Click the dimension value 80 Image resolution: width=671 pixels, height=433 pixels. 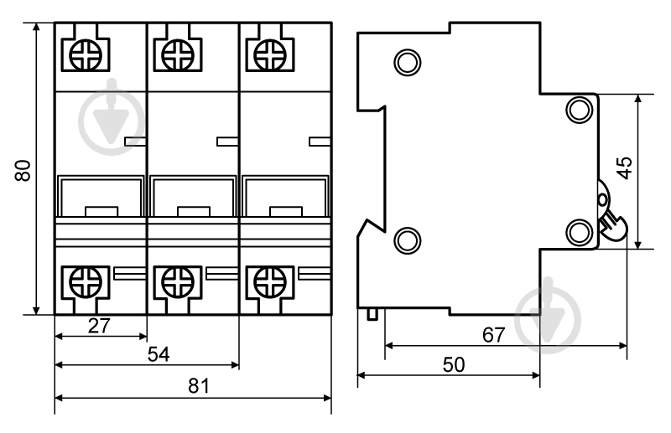(23, 170)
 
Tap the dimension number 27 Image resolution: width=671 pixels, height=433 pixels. (99, 326)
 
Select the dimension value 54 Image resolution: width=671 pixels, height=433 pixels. (159, 354)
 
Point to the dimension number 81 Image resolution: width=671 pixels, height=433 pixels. (199, 385)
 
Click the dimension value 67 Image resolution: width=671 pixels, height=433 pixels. (494, 335)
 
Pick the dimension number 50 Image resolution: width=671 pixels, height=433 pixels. (454, 364)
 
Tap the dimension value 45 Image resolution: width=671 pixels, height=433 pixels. (625, 168)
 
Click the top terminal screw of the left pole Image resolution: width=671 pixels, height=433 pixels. (86, 54)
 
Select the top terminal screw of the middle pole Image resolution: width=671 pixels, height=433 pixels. (178, 54)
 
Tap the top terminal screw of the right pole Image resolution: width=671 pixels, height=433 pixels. (270, 54)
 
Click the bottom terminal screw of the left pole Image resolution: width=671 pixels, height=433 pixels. (86, 282)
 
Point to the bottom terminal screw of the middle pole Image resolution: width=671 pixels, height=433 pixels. (178, 282)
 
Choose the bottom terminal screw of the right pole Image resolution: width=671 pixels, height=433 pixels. (270, 282)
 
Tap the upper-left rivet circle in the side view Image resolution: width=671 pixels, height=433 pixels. (408, 63)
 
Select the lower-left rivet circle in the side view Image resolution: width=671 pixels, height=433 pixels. (408, 240)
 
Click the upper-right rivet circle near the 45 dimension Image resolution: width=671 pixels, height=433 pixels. (580, 110)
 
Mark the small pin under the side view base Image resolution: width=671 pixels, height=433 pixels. (372, 314)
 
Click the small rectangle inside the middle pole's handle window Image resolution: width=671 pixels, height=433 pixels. (194, 212)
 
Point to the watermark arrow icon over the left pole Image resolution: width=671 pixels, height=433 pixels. (112, 117)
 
